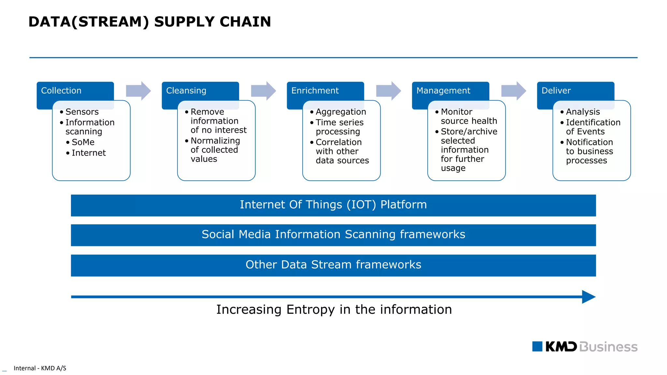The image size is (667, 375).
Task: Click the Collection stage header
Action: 62,90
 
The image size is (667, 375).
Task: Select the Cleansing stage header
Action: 186,90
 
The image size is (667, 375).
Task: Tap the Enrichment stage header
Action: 315,90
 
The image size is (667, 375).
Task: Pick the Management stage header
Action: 443,90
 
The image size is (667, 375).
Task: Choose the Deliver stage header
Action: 556,90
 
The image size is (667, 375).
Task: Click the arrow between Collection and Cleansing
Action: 138,91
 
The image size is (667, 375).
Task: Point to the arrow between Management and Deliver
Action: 514,91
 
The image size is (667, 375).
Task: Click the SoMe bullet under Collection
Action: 83,142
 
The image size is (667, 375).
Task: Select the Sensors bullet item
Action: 82,112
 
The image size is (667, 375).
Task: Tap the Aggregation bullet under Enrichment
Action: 341,112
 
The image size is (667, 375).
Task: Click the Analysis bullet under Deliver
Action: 583,112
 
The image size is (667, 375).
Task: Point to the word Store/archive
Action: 469,132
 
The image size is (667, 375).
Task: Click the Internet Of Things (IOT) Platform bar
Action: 333,205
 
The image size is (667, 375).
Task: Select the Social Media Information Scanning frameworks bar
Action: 333,235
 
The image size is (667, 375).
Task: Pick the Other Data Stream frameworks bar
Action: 333,265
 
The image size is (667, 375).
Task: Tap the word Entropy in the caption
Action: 310,310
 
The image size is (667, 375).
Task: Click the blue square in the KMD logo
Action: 537,346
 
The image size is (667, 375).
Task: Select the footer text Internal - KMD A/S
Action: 40,368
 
